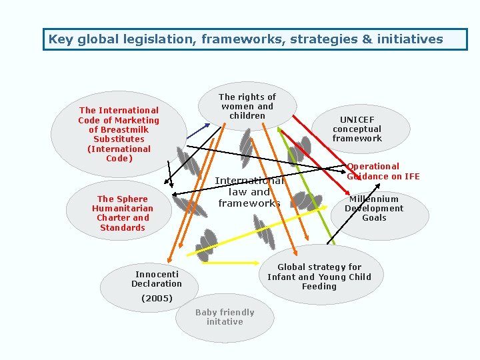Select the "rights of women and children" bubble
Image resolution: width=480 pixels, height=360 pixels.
point(247,107)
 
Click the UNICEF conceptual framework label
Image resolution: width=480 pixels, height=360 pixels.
point(357,129)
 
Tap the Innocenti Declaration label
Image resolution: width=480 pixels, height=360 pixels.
point(157,279)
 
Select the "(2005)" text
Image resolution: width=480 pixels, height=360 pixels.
point(157,298)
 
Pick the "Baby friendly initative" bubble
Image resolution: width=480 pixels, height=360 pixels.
point(225,317)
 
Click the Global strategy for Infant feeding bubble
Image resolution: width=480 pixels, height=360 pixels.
point(319,277)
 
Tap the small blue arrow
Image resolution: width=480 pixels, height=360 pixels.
point(197,131)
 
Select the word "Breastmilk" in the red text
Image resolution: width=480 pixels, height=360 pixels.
point(119,130)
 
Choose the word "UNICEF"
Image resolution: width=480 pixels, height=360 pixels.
point(357,119)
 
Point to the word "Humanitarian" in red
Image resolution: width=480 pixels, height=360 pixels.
point(122,209)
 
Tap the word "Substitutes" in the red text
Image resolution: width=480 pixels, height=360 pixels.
point(119,139)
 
